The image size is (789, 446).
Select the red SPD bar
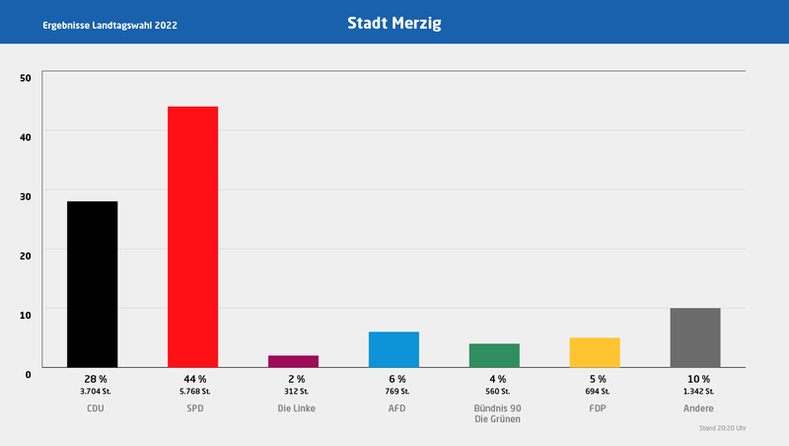(192, 237)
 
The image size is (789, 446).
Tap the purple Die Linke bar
(293, 361)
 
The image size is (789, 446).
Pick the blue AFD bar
(394, 349)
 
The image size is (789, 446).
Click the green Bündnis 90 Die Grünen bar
(494, 355)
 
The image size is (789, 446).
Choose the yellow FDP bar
(595, 352)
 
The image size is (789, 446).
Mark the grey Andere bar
(695, 337)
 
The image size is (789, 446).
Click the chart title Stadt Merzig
(394, 22)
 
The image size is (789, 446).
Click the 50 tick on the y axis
(26, 77)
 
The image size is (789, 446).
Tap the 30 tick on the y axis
(26, 195)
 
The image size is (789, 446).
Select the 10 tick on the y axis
(26, 314)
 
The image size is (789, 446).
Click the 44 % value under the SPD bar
(193, 379)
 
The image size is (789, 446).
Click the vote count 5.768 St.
(193, 392)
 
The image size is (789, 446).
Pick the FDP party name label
(596, 408)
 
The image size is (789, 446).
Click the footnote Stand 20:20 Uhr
(722, 429)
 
